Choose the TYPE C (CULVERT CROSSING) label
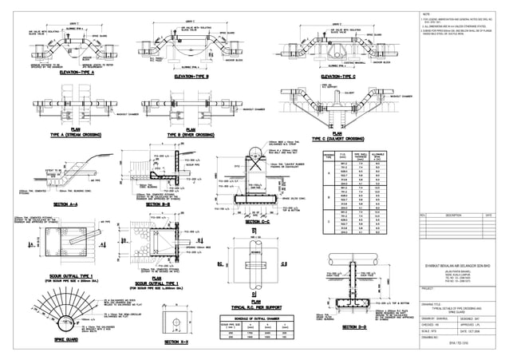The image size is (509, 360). click(x=320, y=136)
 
